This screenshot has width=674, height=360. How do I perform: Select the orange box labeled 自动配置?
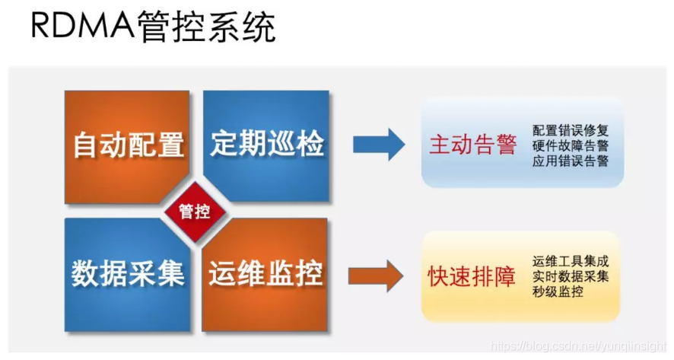[128, 145]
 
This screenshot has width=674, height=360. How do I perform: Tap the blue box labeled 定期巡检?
[267, 143]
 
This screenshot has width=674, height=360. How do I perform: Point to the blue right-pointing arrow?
[379, 144]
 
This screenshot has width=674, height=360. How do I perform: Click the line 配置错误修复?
[571, 129]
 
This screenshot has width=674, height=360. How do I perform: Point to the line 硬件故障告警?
[571, 145]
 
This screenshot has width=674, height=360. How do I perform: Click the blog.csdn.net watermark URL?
[579, 346]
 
